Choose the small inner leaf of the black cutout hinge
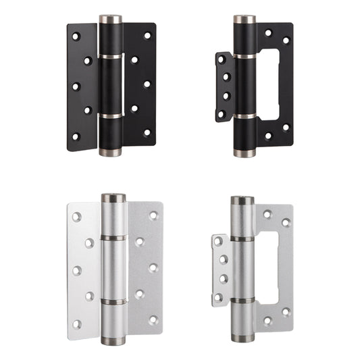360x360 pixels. (x=224, y=86)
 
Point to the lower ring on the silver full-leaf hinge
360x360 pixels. (x=113, y=301)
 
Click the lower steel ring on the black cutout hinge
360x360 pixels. (x=245, y=118)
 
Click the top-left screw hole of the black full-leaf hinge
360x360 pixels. (x=76, y=35)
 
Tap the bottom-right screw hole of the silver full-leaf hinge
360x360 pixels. (x=153, y=319)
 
